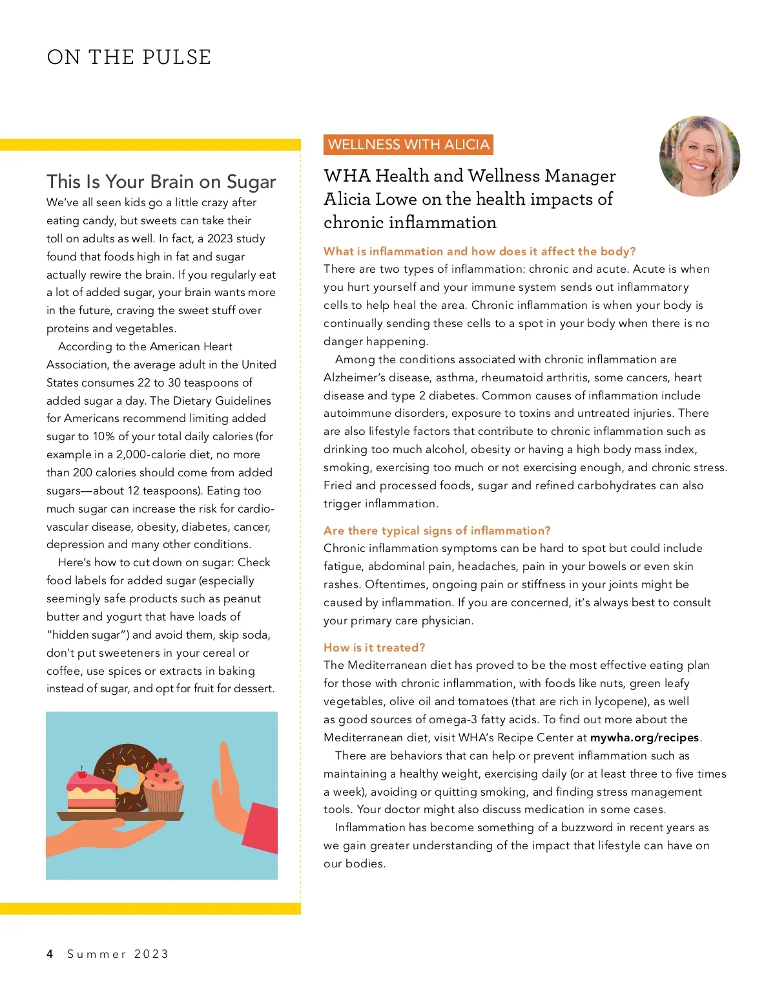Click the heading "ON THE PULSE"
click(129, 57)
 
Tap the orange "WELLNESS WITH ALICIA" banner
click(408, 145)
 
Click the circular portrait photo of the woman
click(699, 156)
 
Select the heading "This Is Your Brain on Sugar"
click(161, 182)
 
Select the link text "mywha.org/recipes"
click(645, 737)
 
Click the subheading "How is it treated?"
click(374, 648)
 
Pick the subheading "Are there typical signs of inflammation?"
click(437, 531)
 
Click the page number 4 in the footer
click(50, 954)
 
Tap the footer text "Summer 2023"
click(118, 954)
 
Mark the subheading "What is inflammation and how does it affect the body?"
click(479, 251)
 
